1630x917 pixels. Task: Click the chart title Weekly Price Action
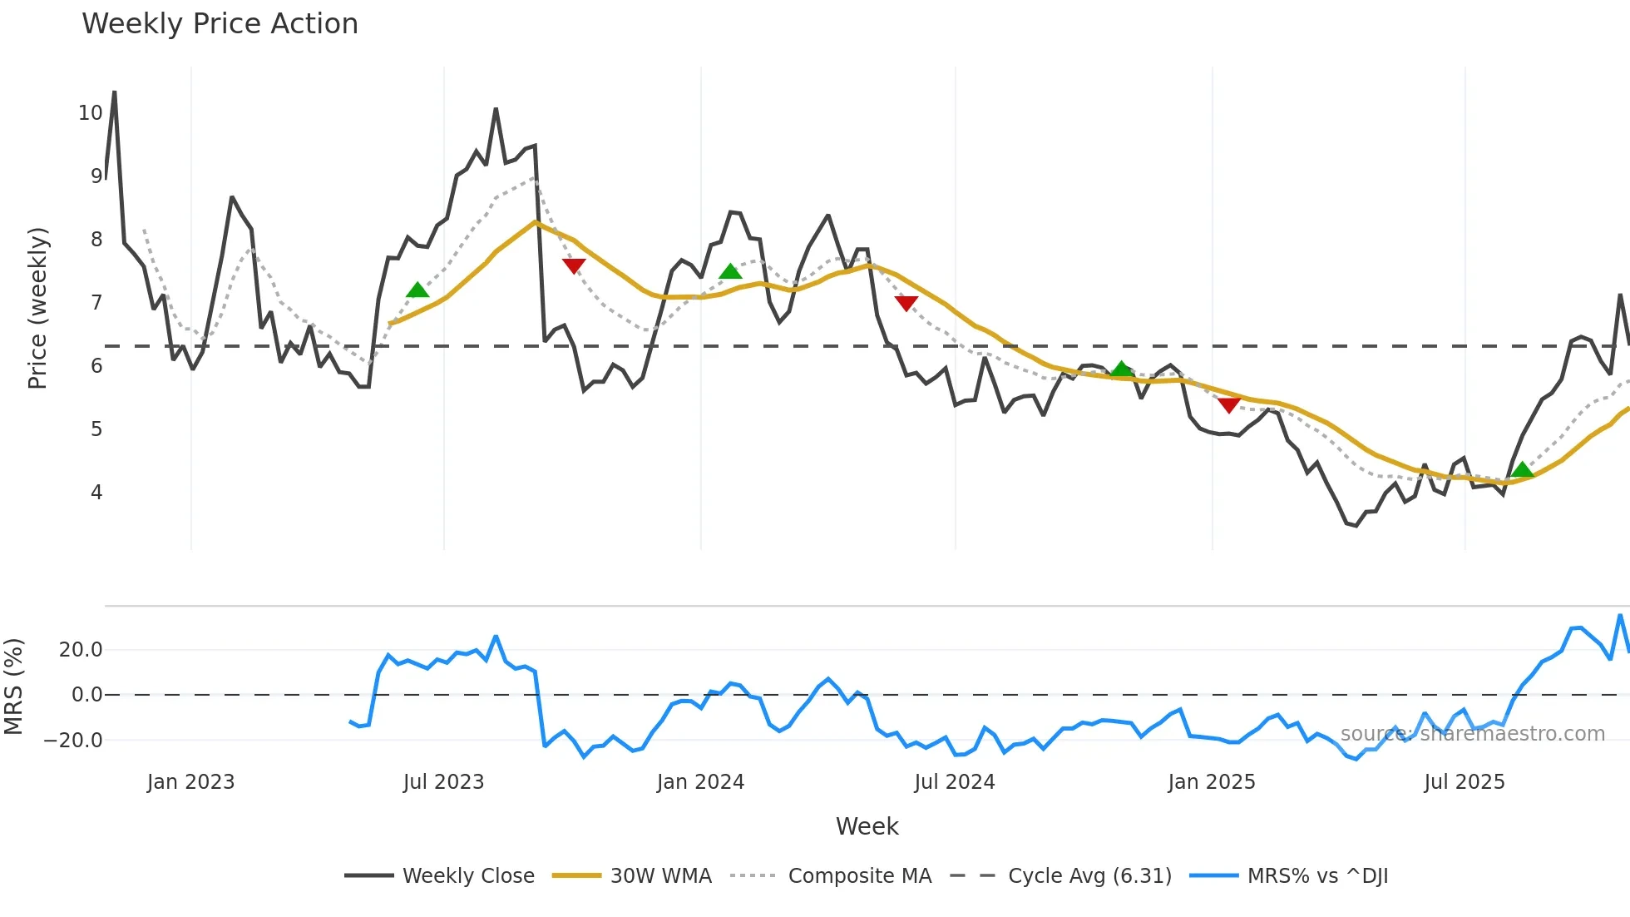[x=220, y=24]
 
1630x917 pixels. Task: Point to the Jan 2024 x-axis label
[x=700, y=782]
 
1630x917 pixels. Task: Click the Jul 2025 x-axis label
[x=1465, y=782]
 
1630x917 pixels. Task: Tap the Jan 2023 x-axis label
[x=190, y=782]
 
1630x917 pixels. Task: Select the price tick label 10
[x=90, y=113]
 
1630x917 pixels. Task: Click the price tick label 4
[x=96, y=493]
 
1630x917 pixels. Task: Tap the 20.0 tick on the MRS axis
[x=81, y=650]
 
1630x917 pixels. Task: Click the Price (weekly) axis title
[x=37, y=308]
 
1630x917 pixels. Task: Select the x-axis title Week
[x=867, y=826]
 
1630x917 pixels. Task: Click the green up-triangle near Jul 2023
[x=417, y=290]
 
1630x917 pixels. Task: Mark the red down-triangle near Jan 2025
[x=1229, y=405]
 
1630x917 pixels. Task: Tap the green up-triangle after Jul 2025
[x=1522, y=470]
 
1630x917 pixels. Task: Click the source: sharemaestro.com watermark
[x=1472, y=734]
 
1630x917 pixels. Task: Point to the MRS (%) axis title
[x=13, y=687]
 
